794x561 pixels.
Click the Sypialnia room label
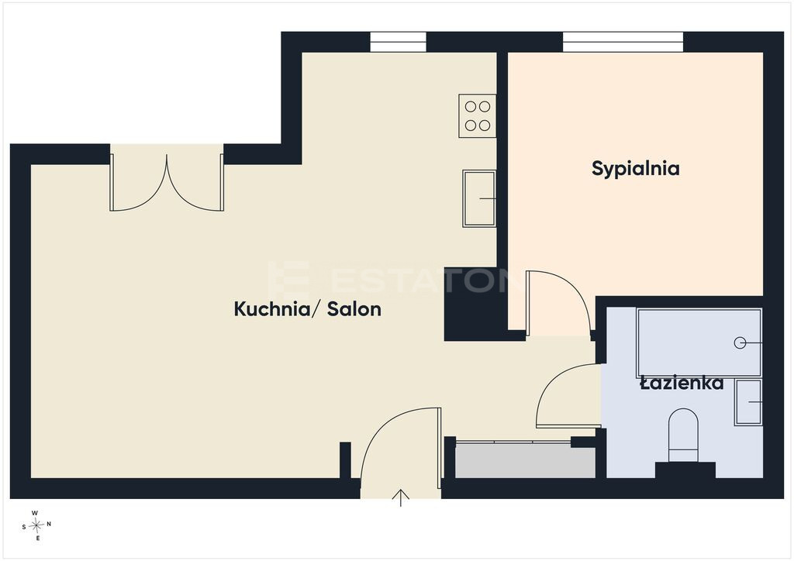point(636,169)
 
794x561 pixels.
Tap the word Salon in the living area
point(354,308)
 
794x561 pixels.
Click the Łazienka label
point(682,383)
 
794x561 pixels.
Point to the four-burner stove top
point(477,116)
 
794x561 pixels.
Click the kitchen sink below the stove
point(479,198)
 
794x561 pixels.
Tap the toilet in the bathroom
point(683,435)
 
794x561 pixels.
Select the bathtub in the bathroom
point(699,343)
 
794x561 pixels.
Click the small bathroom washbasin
point(748,402)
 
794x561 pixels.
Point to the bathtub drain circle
point(740,343)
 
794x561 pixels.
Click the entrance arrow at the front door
point(401,497)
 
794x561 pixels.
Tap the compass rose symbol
point(36,525)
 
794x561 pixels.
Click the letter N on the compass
point(49,525)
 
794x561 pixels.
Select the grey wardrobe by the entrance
point(526,460)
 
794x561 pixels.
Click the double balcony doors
point(167,183)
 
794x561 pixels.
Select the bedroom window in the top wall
point(623,42)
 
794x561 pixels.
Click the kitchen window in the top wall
point(398,42)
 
